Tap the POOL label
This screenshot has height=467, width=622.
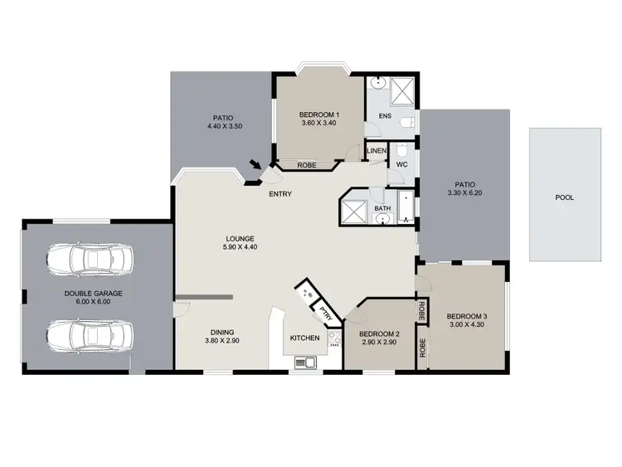[x=565, y=198]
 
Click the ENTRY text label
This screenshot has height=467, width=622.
[x=279, y=194]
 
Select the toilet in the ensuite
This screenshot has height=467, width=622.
[x=406, y=122]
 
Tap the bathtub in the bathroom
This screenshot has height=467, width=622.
[x=405, y=208]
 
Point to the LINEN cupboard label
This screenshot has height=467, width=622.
[x=377, y=151]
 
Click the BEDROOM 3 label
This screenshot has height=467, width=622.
[x=467, y=316]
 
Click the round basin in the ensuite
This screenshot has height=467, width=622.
[x=377, y=83]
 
